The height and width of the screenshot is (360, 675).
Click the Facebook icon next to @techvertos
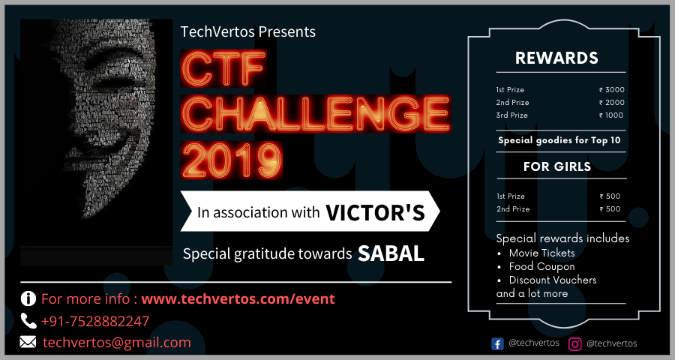[x=497, y=343]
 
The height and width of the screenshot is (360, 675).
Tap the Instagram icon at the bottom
[x=575, y=343]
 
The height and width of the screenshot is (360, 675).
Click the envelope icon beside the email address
[x=28, y=342]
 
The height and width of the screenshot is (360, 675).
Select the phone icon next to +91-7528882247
[x=28, y=321]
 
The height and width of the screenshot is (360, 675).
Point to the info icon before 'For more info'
[x=28, y=298]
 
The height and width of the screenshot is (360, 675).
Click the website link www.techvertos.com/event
[x=238, y=298]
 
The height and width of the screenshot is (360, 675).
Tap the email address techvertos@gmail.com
[x=116, y=342]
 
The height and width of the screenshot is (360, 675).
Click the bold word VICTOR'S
[x=375, y=212]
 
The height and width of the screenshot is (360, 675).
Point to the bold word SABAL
[x=391, y=253]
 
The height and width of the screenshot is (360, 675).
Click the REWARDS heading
[x=556, y=58]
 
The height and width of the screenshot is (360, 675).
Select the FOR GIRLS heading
[x=556, y=166]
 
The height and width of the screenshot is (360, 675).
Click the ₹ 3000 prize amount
[x=611, y=90]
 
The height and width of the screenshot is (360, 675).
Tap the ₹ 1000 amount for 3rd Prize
[x=611, y=115]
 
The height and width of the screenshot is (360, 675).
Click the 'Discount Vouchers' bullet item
[x=553, y=280]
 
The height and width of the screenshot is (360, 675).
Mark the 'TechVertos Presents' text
[x=248, y=32]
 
